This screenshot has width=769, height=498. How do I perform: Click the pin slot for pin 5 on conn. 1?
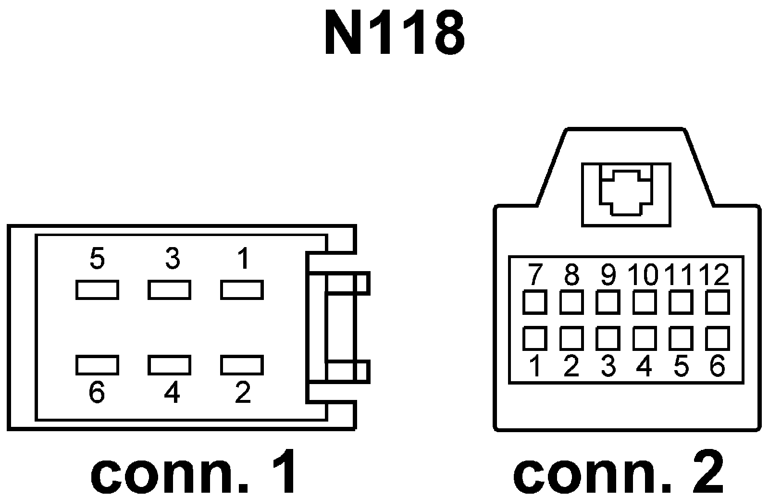click(x=97, y=290)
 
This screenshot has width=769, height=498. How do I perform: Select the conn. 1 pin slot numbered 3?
click(x=169, y=290)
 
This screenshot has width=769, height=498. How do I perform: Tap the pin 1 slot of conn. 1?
click(x=242, y=290)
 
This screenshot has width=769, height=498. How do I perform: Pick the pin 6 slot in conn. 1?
click(x=97, y=365)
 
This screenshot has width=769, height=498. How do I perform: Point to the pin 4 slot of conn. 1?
click(x=169, y=365)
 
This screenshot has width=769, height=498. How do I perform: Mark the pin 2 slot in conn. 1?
click(x=242, y=365)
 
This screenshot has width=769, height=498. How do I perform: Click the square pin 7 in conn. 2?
click(x=534, y=302)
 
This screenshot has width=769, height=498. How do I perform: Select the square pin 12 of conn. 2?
click(x=718, y=302)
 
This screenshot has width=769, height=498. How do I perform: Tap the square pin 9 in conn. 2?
click(x=608, y=302)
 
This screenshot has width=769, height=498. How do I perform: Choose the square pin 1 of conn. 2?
click(x=534, y=338)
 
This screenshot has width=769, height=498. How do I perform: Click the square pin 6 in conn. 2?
click(x=718, y=338)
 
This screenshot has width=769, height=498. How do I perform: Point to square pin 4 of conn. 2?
click(x=645, y=338)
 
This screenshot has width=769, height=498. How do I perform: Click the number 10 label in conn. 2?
click(x=643, y=275)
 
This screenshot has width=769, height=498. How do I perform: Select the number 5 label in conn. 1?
click(x=97, y=260)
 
